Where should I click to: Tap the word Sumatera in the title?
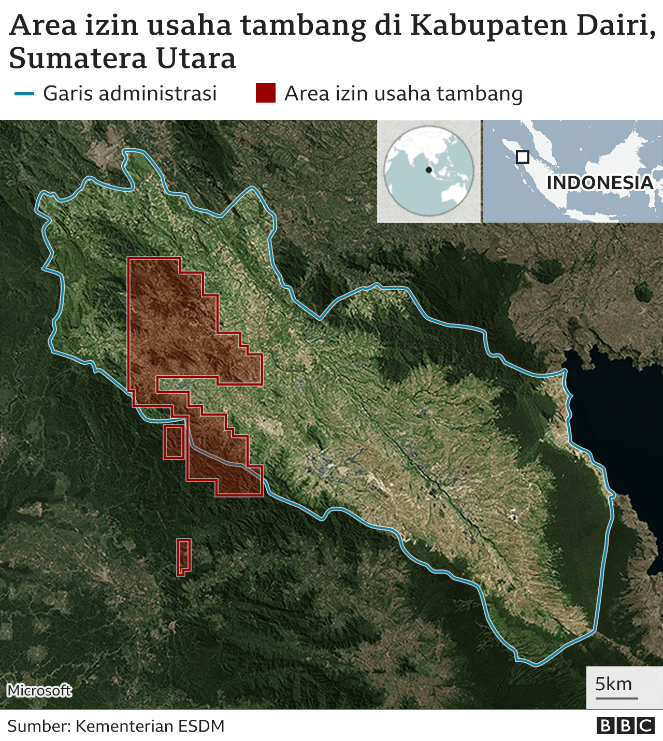pos(71,58)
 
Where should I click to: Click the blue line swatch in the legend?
pos(24,94)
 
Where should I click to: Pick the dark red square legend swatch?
pos(265,94)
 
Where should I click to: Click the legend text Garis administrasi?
pos(129,94)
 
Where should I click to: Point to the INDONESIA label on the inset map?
pos(600,182)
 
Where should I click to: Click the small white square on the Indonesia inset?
pos(523,156)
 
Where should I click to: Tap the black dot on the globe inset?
pos(429,170)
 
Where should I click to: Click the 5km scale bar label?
pos(613,684)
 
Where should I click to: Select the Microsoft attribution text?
pos(39,690)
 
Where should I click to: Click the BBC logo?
pos(625,725)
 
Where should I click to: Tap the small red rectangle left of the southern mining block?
pos(174,442)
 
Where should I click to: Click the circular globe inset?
pos(429,171)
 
